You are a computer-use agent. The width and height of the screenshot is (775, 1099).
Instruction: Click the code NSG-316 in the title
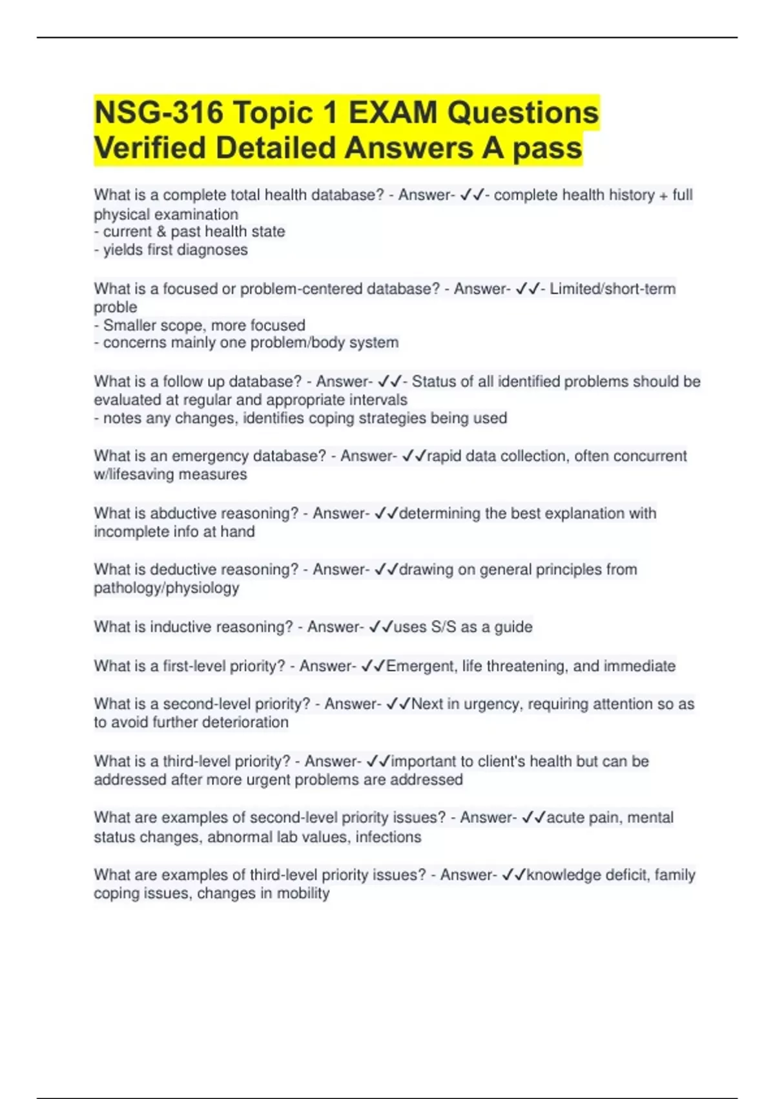pyautogui.click(x=158, y=113)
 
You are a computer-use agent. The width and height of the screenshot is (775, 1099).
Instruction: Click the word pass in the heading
pyautogui.click(x=547, y=148)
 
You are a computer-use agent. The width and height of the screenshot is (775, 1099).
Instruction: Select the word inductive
pyautogui.click(x=181, y=627)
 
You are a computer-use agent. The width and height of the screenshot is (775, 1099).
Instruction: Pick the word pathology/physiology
pyautogui.click(x=166, y=588)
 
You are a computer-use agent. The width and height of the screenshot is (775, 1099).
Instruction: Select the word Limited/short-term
pyautogui.click(x=612, y=289)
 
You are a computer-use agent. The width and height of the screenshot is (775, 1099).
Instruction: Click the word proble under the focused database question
pyautogui.click(x=115, y=308)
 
